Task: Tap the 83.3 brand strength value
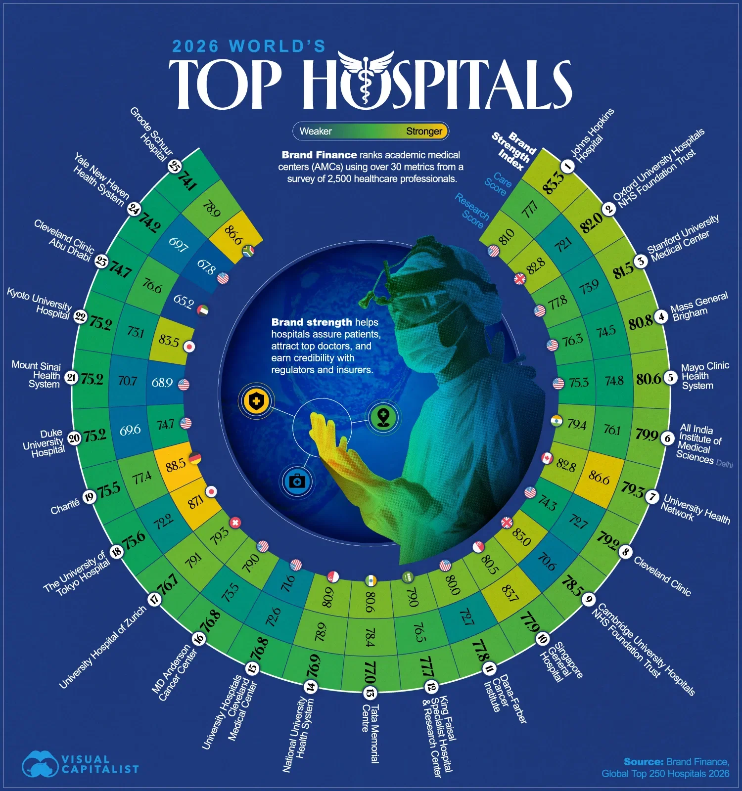click(553, 181)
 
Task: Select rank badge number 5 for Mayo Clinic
click(670, 378)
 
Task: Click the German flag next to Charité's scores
click(195, 458)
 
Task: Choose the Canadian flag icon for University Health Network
click(547, 458)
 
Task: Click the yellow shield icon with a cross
click(256, 401)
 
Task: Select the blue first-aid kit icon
click(297, 481)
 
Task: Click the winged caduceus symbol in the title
click(366, 79)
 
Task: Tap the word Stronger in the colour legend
click(424, 132)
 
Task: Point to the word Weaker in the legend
click(316, 132)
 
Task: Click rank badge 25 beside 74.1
click(175, 166)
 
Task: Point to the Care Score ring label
click(498, 184)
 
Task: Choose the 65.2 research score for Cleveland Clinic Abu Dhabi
click(184, 301)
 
